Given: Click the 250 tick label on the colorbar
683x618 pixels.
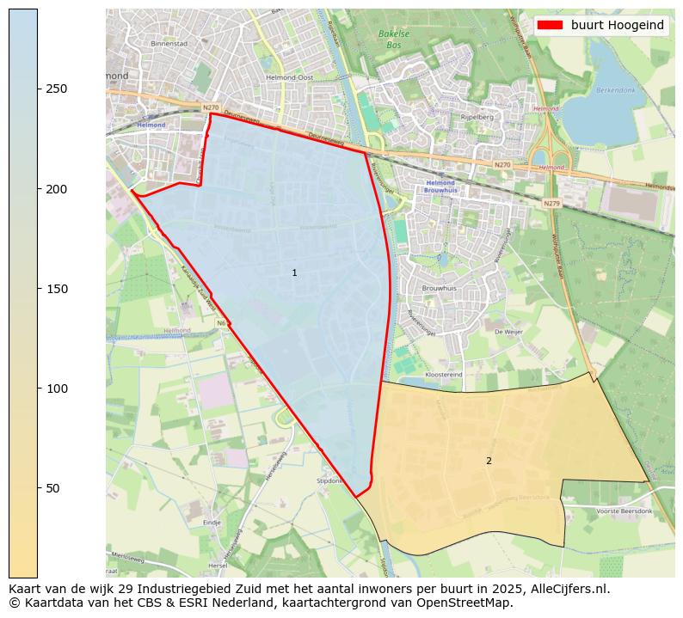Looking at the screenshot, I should coord(56,89).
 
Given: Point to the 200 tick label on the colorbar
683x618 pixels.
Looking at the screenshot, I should coord(56,189).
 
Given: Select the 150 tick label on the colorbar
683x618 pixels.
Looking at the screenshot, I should coord(56,289).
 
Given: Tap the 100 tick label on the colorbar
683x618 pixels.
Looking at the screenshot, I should coord(56,389).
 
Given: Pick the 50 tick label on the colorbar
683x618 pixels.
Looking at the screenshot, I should coord(52,488).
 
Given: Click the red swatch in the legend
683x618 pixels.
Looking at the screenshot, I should coord(551,25).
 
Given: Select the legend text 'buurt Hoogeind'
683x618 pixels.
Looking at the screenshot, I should coord(617,25).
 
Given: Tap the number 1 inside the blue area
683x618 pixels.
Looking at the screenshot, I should coord(294,272).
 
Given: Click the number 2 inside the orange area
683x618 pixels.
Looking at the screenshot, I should coord(489,461).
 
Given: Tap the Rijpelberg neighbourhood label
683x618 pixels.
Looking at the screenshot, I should coord(476,117).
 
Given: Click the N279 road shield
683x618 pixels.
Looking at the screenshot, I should coord(551,204).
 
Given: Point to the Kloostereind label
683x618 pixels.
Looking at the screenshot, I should coord(444,376).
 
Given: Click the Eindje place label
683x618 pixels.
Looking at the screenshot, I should coord(212,522).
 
